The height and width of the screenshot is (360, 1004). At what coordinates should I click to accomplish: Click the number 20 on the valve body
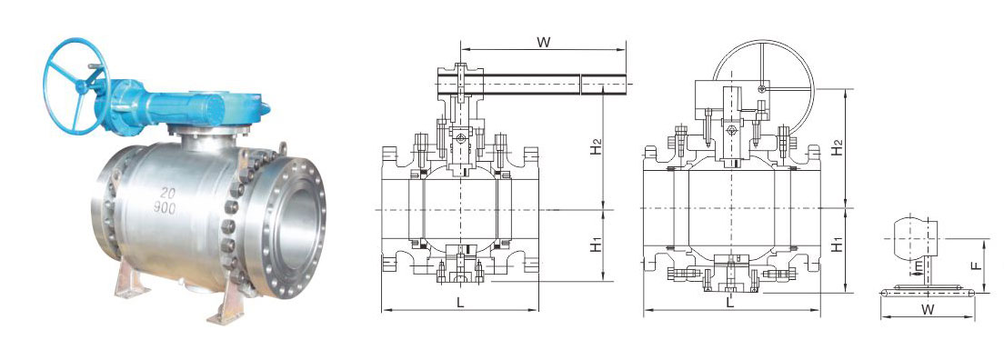168,193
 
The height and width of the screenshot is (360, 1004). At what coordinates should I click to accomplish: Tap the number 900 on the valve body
166,207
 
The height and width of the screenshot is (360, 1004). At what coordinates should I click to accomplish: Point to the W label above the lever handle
544,43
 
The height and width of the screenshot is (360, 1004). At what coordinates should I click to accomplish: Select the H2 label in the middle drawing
596,146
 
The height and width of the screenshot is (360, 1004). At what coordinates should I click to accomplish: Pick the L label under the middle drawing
460,304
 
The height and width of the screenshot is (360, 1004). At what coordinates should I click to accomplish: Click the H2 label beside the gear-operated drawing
837,146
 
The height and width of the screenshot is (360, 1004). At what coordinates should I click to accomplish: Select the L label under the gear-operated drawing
730,303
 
